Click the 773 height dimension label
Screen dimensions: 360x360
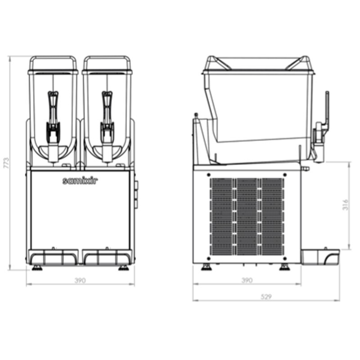point(7,163)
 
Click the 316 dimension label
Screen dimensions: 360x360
point(345,205)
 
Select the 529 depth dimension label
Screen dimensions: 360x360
point(266,297)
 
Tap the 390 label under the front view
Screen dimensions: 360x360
point(80,280)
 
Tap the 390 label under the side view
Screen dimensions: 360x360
point(247,280)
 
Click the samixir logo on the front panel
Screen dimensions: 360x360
point(80,181)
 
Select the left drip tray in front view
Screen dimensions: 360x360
point(53,257)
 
